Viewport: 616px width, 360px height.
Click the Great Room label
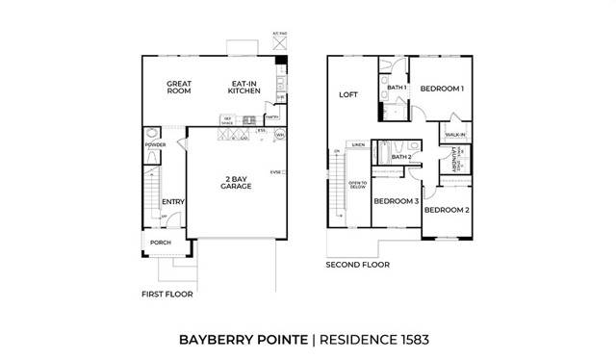pyautogui.click(x=179, y=88)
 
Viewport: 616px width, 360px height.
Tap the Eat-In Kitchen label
pyautogui.click(x=244, y=88)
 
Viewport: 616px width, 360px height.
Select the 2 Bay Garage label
pyautogui.click(x=236, y=183)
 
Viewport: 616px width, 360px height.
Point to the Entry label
pyautogui.click(x=173, y=201)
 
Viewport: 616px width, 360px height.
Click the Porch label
pyautogui.click(x=161, y=243)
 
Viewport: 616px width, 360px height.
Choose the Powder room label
pyautogui.click(x=155, y=144)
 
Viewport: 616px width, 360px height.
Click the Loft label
pyautogui.click(x=347, y=95)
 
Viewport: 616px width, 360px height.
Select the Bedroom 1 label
pyautogui.click(x=443, y=89)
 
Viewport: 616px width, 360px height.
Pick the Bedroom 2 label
pyautogui.click(x=447, y=210)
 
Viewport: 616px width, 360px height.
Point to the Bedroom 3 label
pyautogui.click(x=396, y=201)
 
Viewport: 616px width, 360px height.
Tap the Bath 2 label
pyautogui.click(x=401, y=157)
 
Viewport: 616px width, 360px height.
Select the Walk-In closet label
pyautogui.click(x=455, y=136)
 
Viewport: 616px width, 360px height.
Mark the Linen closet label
pyautogui.click(x=358, y=144)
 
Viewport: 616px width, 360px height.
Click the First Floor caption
pyautogui.click(x=167, y=294)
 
